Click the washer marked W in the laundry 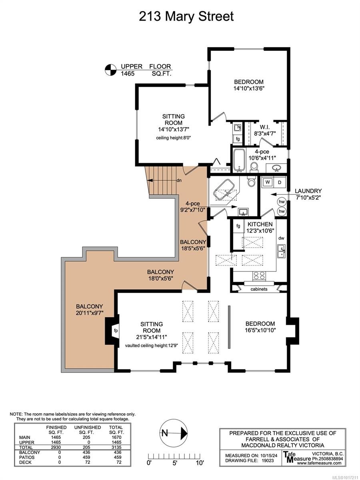(x=267, y=182)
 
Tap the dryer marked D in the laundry (x=279, y=182)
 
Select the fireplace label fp (x=116, y=330)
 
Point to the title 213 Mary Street (x=186, y=16)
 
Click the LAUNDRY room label (x=308, y=191)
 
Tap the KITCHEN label (x=260, y=224)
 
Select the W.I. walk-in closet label (x=265, y=127)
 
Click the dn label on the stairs (x=179, y=180)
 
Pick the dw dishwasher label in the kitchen (x=281, y=238)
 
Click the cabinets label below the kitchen (x=259, y=289)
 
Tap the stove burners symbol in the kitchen (x=259, y=276)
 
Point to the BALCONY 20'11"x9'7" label (x=89, y=310)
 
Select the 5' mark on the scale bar (x=174, y=463)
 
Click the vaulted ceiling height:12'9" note (x=152, y=346)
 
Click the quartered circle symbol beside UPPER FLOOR (x=110, y=70)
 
